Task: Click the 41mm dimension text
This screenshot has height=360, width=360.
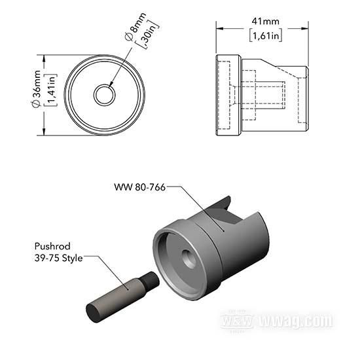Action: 262,20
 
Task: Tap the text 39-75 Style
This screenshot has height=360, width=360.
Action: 60,259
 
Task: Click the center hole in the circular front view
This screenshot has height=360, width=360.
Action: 104,96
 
